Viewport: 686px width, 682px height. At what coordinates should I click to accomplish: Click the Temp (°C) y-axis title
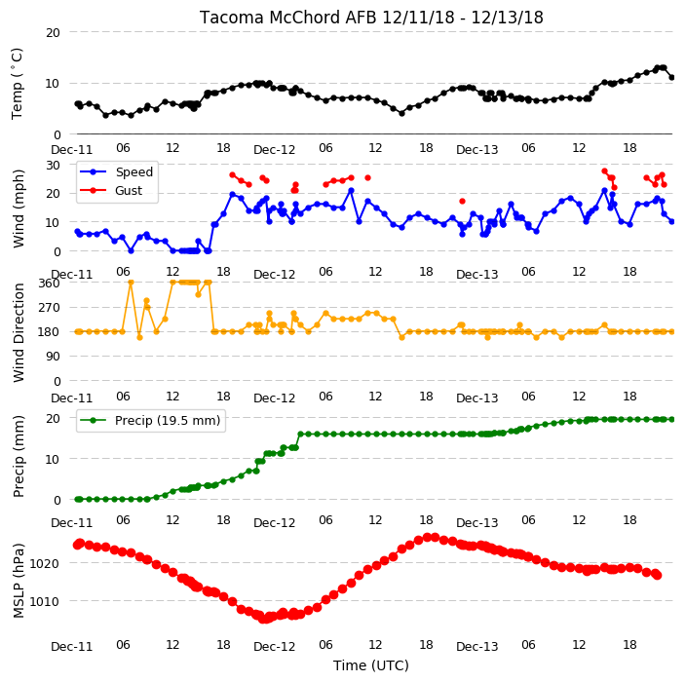point(18,84)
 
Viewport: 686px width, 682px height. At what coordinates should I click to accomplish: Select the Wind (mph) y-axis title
point(18,208)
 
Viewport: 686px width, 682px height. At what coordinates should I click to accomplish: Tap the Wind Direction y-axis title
point(18,332)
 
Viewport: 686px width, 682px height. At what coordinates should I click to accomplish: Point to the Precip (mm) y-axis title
point(18,456)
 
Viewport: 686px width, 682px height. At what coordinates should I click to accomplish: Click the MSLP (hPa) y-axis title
point(18,581)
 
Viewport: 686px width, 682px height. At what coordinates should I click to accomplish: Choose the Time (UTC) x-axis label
point(371,665)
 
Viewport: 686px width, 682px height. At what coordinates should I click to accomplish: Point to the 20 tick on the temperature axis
point(53,33)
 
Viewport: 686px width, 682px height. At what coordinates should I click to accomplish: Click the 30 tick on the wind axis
point(53,165)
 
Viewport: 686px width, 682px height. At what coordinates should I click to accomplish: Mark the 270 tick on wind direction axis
point(49,308)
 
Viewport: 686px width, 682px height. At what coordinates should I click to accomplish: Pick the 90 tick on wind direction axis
point(53,357)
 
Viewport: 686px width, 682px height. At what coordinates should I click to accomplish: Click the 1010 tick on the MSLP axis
point(44,601)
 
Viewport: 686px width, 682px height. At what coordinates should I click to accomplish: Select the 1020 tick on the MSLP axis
point(44,563)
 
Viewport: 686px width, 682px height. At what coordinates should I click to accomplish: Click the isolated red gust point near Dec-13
point(462,202)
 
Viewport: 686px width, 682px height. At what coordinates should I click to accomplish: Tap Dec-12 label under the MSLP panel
point(275,647)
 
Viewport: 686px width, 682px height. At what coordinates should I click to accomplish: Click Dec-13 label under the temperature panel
point(476,150)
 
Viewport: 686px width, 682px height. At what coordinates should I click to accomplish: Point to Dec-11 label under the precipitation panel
point(72,523)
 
